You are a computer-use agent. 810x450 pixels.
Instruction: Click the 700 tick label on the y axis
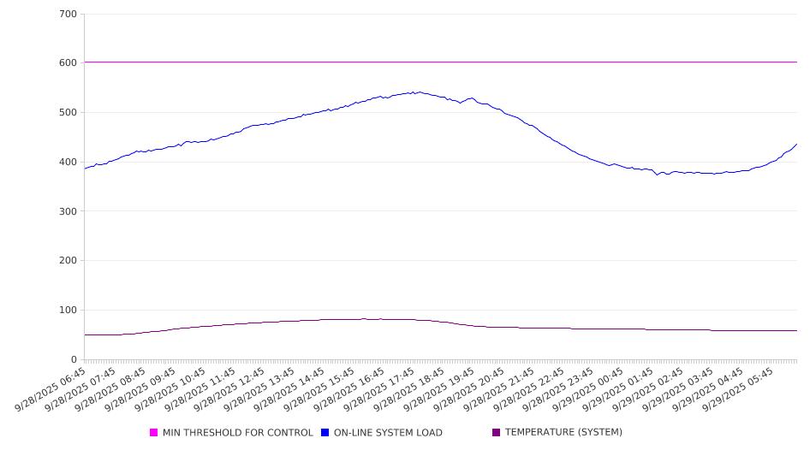coord(68,15)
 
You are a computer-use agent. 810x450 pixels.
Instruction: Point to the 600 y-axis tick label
coord(68,63)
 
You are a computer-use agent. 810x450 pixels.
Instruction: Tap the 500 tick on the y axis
coord(68,113)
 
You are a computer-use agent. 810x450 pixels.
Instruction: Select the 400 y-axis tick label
coord(68,163)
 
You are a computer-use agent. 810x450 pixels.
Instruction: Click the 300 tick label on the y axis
coord(68,211)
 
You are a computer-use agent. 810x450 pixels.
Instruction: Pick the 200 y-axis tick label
coord(68,261)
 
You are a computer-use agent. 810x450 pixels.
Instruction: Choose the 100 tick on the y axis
coord(68,311)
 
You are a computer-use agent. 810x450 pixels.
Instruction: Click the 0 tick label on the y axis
coord(74,360)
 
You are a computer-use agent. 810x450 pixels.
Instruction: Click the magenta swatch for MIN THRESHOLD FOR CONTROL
coord(154,433)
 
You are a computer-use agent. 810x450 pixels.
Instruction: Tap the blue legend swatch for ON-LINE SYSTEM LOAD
coord(325,433)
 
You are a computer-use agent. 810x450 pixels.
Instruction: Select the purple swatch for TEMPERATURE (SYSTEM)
coord(497,433)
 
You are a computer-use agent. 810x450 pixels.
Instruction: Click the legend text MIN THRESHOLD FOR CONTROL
coord(237,433)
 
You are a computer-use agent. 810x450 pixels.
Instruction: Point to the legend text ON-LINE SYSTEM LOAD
coord(388,433)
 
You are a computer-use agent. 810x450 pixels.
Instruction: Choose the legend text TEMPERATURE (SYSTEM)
coord(563,433)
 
